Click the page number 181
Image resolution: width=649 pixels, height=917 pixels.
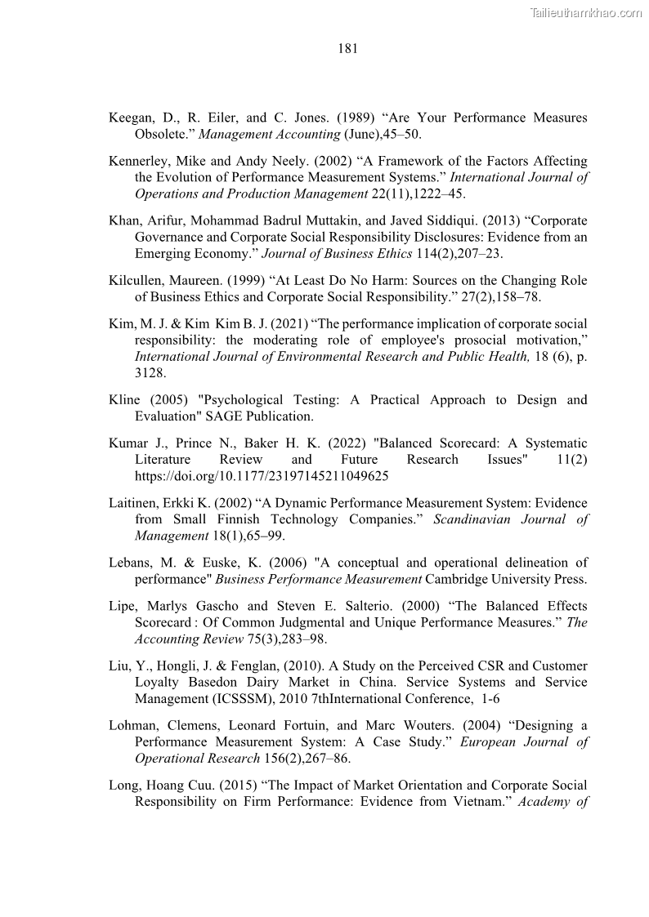click(x=347, y=48)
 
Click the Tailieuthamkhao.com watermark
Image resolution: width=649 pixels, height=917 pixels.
click(x=586, y=12)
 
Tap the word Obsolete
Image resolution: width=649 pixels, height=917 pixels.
click(x=162, y=134)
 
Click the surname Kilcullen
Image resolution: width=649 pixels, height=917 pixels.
click(x=135, y=280)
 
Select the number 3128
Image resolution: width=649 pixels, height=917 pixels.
click(x=150, y=372)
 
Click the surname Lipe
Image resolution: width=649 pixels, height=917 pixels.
click(x=123, y=606)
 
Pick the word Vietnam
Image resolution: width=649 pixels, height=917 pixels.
click(x=479, y=801)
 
